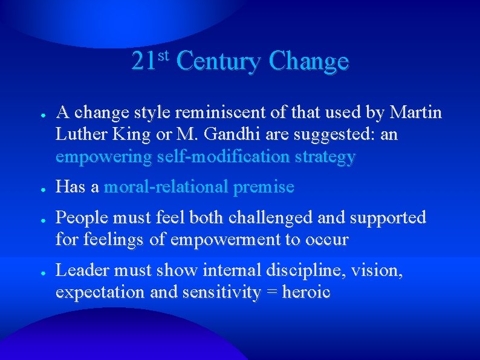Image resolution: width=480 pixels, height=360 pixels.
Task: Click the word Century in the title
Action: point(219,62)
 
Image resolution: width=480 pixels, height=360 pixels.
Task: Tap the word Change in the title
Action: point(310,62)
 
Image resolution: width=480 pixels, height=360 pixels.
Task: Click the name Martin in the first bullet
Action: point(417,113)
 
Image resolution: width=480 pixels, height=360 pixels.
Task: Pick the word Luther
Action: point(79,134)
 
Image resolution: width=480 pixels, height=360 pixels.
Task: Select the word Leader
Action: point(79,270)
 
